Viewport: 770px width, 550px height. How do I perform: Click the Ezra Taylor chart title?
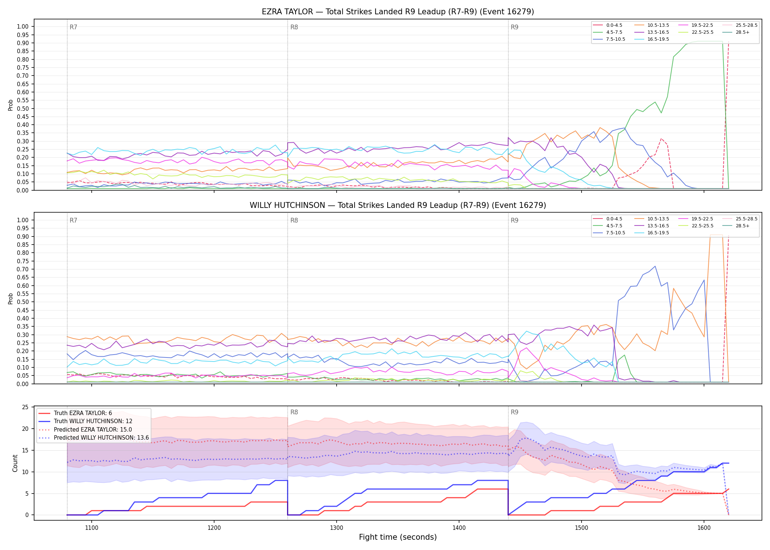(x=398, y=12)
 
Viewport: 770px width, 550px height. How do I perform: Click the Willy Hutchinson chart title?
(x=398, y=205)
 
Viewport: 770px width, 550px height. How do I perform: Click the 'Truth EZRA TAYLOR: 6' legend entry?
(x=75, y=413)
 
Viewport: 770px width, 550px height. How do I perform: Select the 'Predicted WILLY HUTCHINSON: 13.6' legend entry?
(x=93, y=437)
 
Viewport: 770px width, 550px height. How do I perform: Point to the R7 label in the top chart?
(x=73, y=27)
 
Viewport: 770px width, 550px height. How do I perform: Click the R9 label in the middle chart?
(x=514, y=220)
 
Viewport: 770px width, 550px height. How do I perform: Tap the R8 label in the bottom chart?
(x=294, y=412)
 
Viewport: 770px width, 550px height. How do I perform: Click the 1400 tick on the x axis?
(x=459, y=528)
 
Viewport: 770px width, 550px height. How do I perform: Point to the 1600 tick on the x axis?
(x=704, y=528)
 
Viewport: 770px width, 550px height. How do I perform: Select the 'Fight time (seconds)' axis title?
(x=398, y=537)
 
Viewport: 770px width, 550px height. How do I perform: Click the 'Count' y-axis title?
(x=15, y=463)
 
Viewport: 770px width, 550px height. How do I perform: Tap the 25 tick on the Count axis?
(x=25, y=407)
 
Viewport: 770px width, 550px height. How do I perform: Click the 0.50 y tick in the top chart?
(x=23, y=109)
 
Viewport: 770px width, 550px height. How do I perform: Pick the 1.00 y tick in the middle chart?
(x=23, y=220)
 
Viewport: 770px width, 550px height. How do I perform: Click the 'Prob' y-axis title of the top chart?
(x=11, y=105)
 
